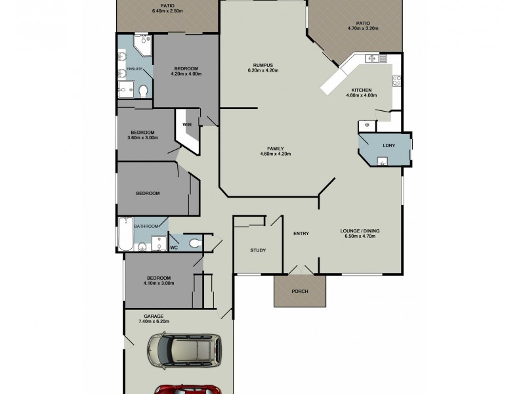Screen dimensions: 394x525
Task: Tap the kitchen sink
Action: point(371,59)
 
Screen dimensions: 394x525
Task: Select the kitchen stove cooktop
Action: point(396,81)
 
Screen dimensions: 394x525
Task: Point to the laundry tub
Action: point(383,162)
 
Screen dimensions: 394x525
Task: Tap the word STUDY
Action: point(257,250)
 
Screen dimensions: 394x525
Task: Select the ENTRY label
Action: point(301,233)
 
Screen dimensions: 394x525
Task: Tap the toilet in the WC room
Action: point(194,244)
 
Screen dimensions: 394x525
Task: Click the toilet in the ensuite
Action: point(144,91)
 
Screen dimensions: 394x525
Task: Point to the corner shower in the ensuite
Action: point(143,45)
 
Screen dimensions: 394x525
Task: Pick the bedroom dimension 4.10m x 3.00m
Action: point(159,283)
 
